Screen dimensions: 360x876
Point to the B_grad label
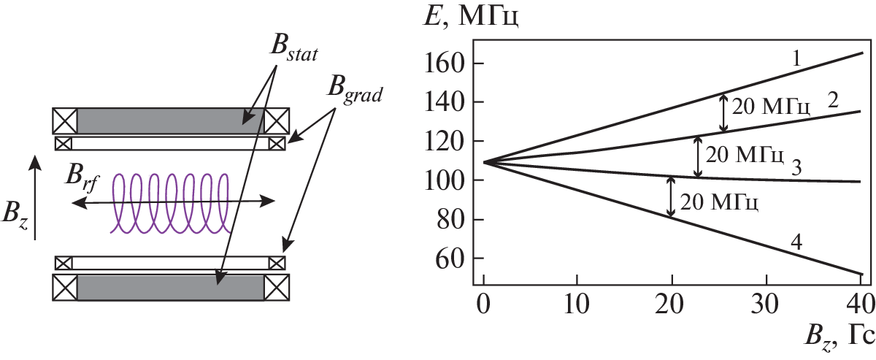click(355, 94)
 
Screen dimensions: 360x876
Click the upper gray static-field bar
click(170, 120)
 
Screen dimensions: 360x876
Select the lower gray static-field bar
click(170, 287)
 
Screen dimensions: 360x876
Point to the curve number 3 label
click(799, 168)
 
